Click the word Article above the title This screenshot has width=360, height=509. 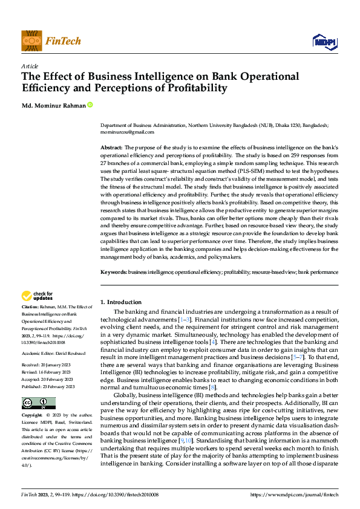30,66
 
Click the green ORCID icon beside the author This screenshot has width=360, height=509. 90,105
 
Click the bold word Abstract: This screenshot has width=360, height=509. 111,148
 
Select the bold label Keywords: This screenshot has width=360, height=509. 113,273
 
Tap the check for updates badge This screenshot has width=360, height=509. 37,296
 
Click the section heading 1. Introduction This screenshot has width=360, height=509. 121,302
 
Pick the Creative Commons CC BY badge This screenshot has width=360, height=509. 38,403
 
